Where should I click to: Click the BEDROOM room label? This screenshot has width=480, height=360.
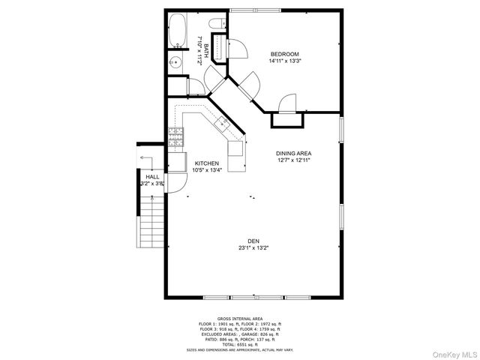click(285, 54)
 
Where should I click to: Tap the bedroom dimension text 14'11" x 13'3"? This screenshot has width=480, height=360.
click(285, 61)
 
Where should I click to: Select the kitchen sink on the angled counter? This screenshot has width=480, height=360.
click(225, 123)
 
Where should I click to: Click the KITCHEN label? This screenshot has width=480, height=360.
click(207, 163)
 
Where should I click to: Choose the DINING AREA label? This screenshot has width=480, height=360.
click(294, 152)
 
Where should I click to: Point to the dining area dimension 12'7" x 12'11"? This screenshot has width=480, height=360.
click(294, 160)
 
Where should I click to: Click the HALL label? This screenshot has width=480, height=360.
click(152, 177)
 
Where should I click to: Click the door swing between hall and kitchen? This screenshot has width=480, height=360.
click(178, 184)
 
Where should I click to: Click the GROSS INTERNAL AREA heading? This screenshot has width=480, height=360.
click(240, 318)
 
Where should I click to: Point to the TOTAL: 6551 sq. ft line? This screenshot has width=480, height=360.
click(240, 344)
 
